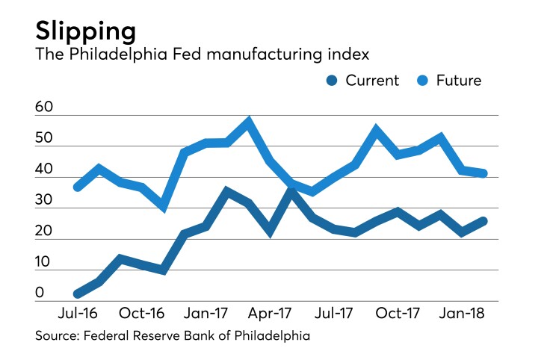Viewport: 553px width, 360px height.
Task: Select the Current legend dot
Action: click(x=332, y=81)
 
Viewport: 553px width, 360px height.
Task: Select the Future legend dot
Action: click(x=427, y=81)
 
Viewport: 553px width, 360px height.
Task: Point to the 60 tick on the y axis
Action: click(x=44, y=108)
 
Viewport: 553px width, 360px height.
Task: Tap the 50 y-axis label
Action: click(x=44, y=140)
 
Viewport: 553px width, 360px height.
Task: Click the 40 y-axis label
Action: click(x=44, y=170)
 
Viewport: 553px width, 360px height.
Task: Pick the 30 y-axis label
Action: click(x=44, y=201)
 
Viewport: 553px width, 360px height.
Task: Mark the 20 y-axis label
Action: click(x=44, y=232)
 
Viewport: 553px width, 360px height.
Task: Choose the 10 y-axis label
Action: click(x=44, y=263)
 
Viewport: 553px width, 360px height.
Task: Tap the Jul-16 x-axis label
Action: click(x=77, y=312)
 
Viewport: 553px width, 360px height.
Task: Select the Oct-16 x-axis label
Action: click(x=142, y=312)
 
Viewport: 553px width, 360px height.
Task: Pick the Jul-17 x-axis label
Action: click(x=333, y=312)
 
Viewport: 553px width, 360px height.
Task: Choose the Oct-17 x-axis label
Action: click(x=398, y=312)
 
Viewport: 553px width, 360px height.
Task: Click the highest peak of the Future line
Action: click(x=249, y=120)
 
